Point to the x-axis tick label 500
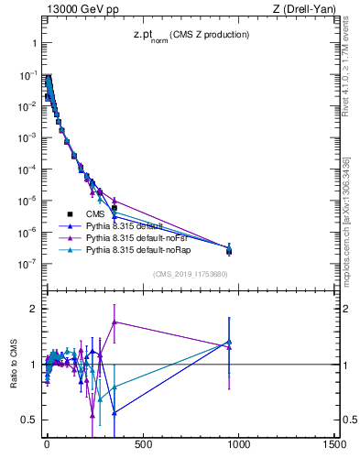click(x=143, y=445)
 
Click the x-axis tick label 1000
click(x=238, y=445)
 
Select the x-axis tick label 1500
click(x=334, y=445)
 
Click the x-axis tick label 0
click(x=47, y=445)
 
